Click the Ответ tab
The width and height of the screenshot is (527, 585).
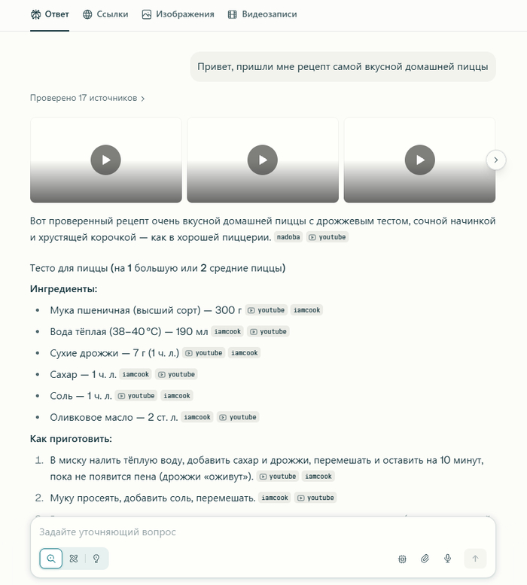(x=50, y=14)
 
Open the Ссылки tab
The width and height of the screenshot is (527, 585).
(x=105, y=14)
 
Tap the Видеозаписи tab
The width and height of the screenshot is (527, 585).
(x=261, y=14)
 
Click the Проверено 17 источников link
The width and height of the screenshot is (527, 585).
(x=87, y=98)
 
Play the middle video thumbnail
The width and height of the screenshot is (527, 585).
(x=262, y=160)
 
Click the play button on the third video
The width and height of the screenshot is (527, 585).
(x=419, y=160)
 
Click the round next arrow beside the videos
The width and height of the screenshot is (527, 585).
(x=496, y=160)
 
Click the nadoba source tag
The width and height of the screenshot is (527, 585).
(x=288, y=237)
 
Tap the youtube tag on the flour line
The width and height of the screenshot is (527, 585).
(x=267, y=310)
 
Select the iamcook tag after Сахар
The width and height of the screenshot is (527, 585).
(x=136, y=374)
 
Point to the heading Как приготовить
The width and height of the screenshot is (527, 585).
(x=72, y=438)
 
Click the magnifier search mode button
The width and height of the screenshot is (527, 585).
(x=51, y=559)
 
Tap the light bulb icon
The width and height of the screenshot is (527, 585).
(x=96, y=559)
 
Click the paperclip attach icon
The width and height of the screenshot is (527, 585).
(x=425, y=559)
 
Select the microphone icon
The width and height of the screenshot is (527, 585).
(x=448, y=559)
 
